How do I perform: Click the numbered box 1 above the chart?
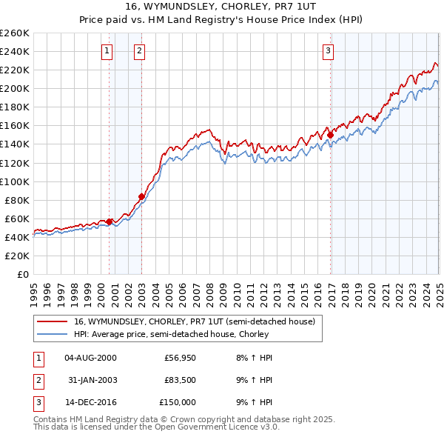[x=108, y=51]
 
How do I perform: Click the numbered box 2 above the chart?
[x=140, y=51]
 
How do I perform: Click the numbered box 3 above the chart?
[x=328, y=51]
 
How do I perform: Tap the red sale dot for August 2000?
[x=109, y=221]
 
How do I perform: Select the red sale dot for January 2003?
[x=142, y=196]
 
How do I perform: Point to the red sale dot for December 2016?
[x=330, y=135]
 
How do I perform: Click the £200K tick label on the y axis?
[x=15, y=88]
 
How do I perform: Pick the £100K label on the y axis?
[x=15, y=181]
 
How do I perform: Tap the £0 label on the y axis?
[x=22, y=274]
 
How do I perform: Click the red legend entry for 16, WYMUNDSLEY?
[x=194, y=321]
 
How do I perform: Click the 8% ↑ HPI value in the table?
[x=258, y=358]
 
